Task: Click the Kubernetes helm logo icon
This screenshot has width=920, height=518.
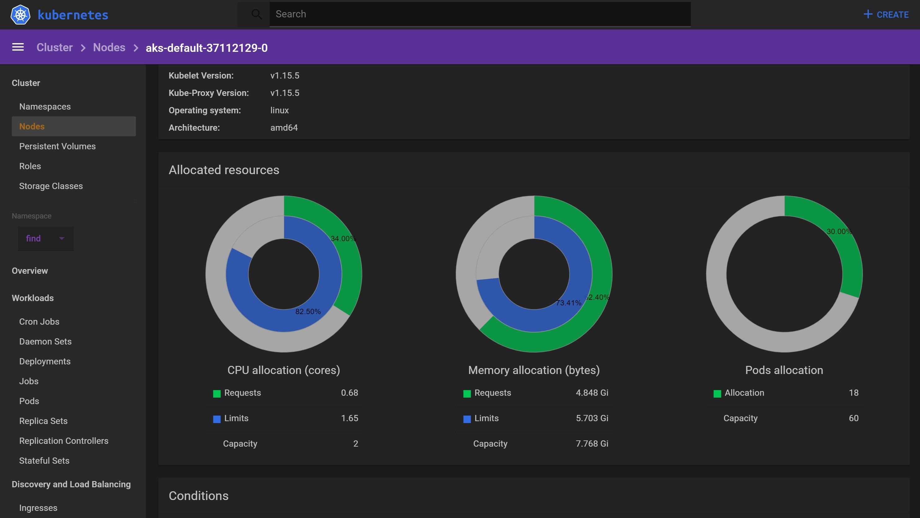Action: tap(20, 15)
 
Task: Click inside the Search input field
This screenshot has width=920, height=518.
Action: tap(479, 14)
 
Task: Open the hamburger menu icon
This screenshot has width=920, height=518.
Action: tap(18, 47)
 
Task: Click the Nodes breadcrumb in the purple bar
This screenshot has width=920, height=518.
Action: tap(109, 47)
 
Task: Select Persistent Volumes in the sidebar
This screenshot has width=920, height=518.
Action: tap(57, 146)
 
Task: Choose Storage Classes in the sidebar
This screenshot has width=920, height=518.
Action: tap(51, 186)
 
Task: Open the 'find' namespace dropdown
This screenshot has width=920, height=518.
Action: tap(45, 238)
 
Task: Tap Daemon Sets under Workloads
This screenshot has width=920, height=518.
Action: tap(45, 341)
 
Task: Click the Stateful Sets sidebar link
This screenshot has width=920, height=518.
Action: tap(44, 461)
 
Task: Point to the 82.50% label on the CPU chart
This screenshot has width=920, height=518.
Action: tap(308, 312)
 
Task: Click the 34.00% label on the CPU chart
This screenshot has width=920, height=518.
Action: tap(343, 239)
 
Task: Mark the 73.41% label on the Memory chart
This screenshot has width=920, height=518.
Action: tap(568, 303)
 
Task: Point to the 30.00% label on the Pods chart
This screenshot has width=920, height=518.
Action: tap(839, 232)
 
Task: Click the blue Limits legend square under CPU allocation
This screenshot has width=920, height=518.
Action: tap(217, 419)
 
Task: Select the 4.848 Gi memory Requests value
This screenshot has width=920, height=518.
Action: tap(592, 393)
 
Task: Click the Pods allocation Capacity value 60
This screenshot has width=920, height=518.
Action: tap(853, 418)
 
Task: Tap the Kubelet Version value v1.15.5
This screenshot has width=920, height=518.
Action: tap(285, 75)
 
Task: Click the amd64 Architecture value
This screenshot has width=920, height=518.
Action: tap(284, 128)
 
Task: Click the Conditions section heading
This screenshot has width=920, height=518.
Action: tap(199, 495)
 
